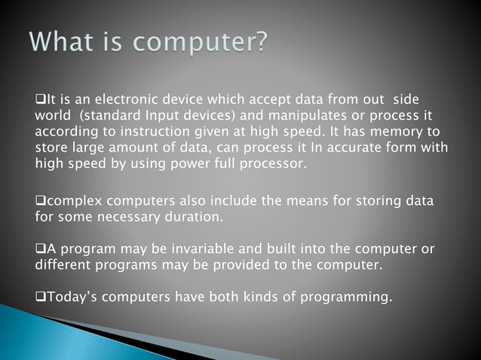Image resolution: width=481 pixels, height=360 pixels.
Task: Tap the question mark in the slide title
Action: click(257, 41)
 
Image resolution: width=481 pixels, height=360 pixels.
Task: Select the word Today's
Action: click(72, 297)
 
